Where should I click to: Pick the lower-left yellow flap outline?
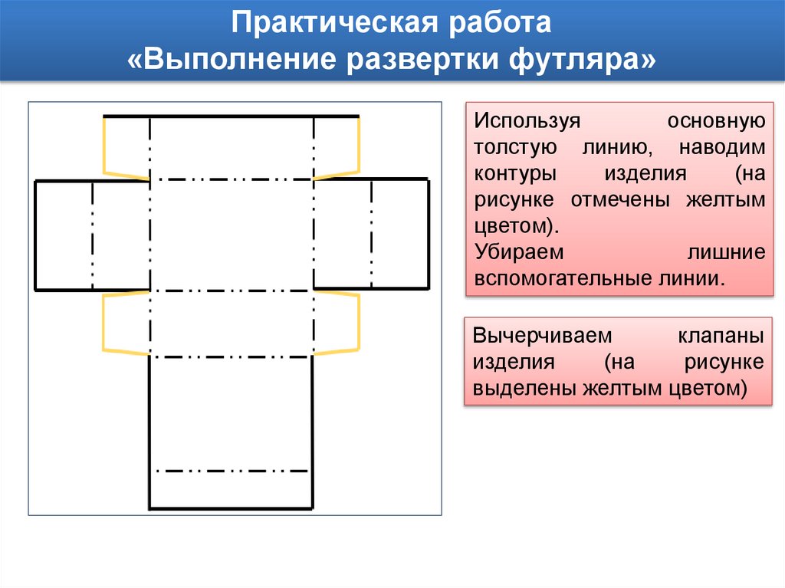(x=103, y=324)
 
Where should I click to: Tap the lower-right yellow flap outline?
(x=358, y=324)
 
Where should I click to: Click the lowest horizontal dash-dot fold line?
(x=231, y=471)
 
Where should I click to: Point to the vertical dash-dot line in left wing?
(x=93, y=235)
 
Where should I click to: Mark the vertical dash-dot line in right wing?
(x=371, y=235)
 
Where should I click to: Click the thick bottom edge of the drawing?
(x=231, y=508)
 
